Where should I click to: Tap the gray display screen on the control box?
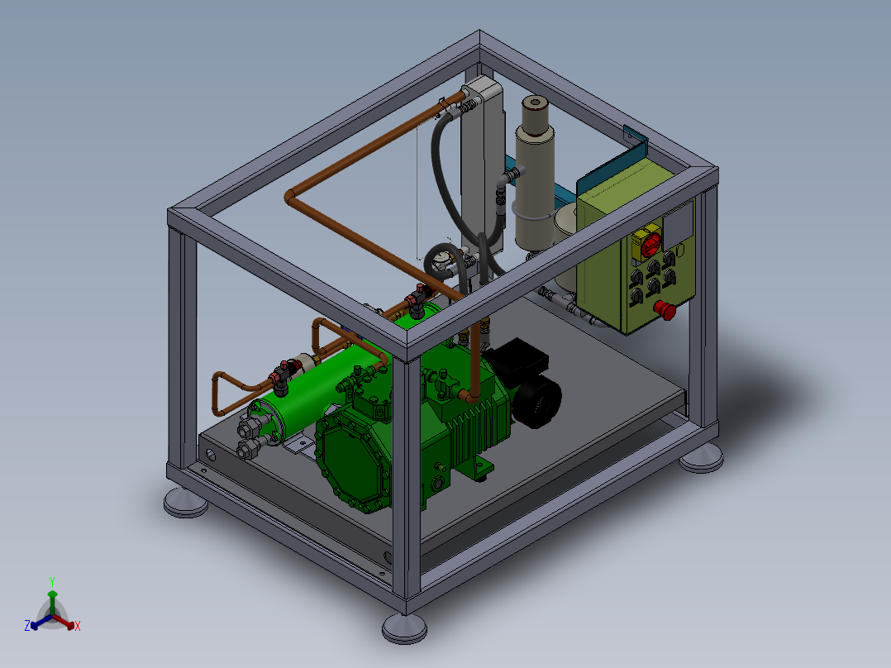pyautogui.click(x=678, y=223)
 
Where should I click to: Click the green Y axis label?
pyautogui.click(x=52, y=581)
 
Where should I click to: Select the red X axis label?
pyautogui.click(x=78, y=626)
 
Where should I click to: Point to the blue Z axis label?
pyautogui.click(x=27, y=625)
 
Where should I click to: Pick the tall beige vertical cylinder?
pyautogui.click(x=535, y=176)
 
